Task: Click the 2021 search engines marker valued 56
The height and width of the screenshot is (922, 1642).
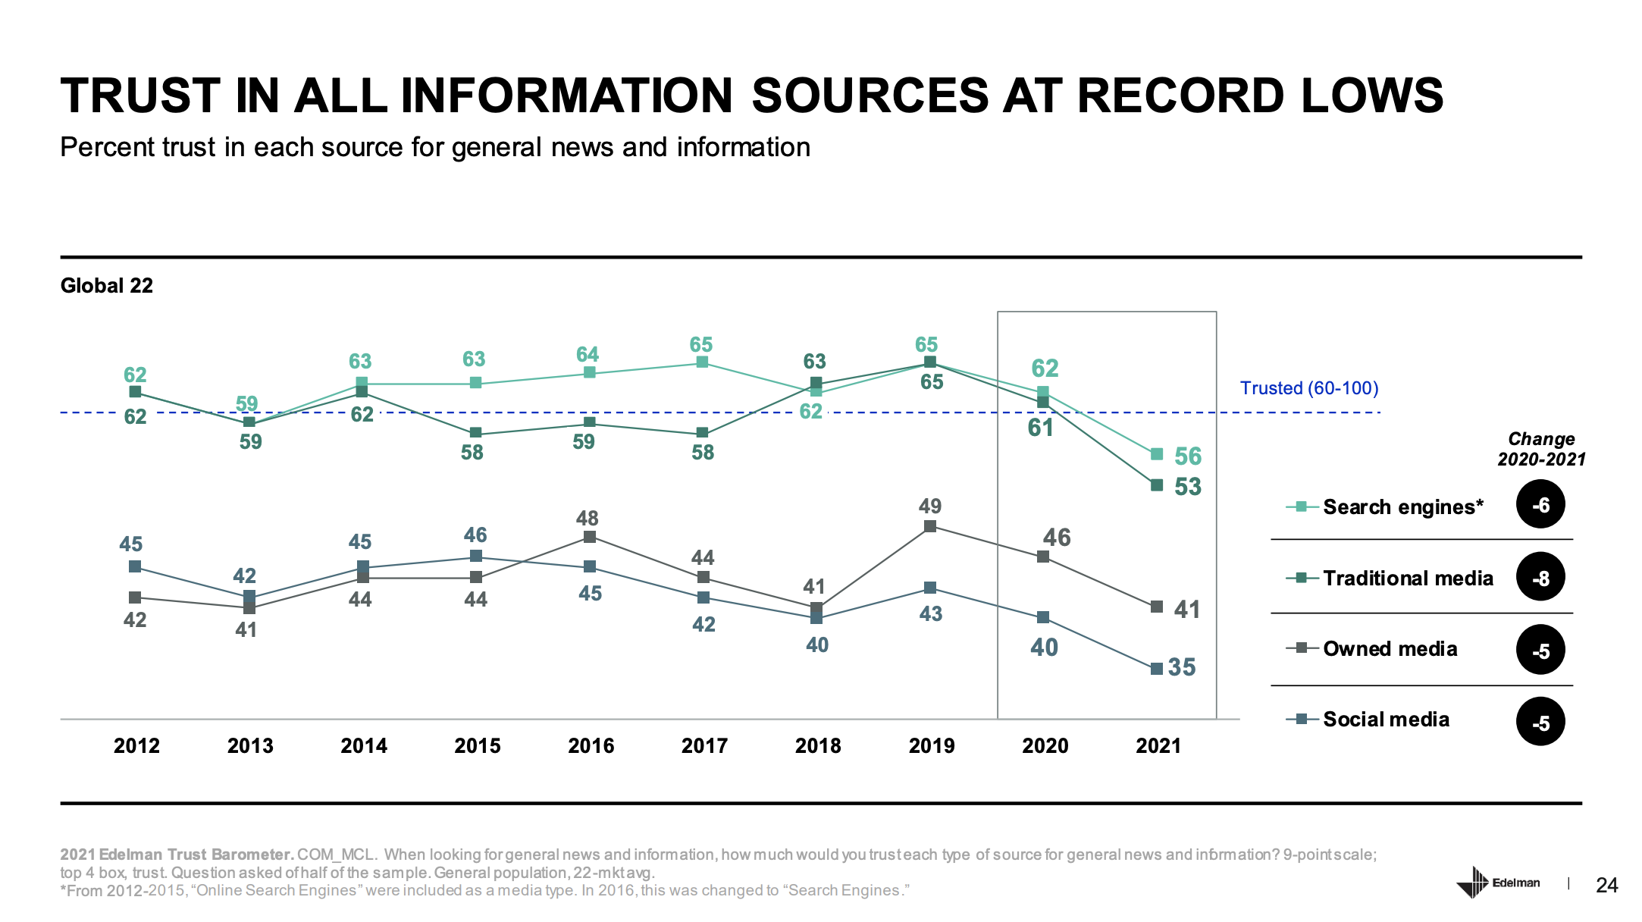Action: pos(1157,454)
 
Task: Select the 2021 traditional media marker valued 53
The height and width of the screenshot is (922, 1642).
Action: pos(1157,485)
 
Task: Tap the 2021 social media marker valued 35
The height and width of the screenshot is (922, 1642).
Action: pos(1157,669)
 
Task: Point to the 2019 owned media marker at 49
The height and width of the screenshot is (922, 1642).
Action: pos(930,526)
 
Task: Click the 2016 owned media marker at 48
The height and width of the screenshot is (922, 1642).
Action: pos(590,537)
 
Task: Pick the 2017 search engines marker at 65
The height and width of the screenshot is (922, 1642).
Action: pos(703,362)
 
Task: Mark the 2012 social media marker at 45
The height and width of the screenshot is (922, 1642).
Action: pos(135,566)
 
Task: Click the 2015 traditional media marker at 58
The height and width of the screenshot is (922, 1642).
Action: pos(476,433)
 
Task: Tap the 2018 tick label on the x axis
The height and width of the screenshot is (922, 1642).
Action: pos(818,746)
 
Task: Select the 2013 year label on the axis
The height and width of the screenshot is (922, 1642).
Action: pos(250,746)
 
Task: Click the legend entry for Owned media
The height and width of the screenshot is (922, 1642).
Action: pos(1390,649)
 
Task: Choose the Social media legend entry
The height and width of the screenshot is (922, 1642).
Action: pos(1386,720)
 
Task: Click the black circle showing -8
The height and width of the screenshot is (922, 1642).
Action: pos(1540,578)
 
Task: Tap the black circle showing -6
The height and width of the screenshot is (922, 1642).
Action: pos(1540,505)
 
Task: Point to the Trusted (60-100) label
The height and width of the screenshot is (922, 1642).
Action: pos(1309,388)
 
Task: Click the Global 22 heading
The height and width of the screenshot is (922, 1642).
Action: pos(107,286)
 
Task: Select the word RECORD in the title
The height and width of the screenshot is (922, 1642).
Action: pos(1183,96)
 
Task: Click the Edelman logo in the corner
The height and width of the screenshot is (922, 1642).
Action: pos(1497,883)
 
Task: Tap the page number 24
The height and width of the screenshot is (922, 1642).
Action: pos(1607,885)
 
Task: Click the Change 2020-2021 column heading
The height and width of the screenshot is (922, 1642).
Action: pos(1541,449)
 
